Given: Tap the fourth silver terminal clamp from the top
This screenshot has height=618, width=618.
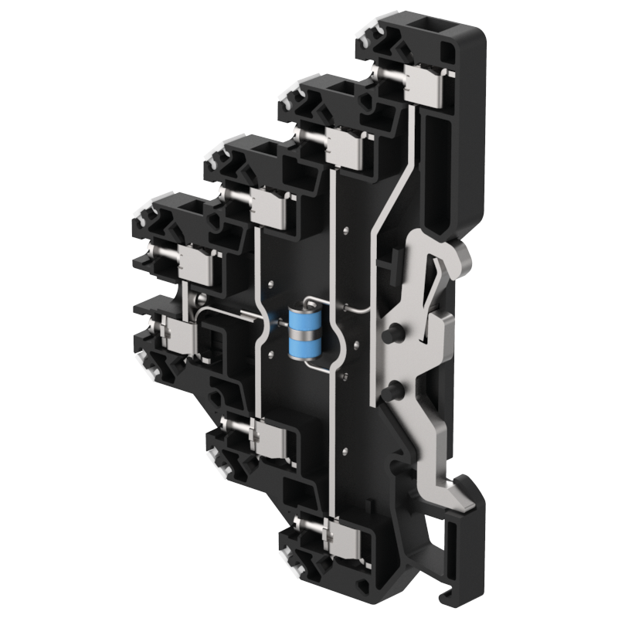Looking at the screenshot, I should pyautogui.click(x=195, y=264).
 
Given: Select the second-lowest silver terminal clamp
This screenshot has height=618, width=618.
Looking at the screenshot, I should pyautogui.click(x=270, y=440).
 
